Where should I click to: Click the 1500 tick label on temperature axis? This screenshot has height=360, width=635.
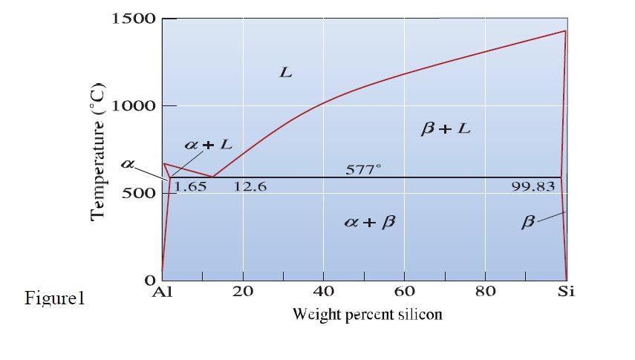pos(134,19)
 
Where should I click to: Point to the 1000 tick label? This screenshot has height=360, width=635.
pos(134,105)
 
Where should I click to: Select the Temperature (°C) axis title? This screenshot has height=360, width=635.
pos(99,152)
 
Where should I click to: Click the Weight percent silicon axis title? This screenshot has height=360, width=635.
pos(368,314)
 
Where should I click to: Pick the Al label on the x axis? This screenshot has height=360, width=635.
pos(161,292)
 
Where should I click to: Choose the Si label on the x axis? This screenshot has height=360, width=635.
pos(566,292)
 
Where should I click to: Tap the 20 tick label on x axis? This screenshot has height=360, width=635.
pos(243,292)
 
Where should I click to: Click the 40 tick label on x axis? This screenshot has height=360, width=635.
pos(323,292)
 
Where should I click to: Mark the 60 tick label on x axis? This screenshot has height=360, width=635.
pos(404,292)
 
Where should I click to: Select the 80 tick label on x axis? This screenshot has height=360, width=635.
pos(485,292)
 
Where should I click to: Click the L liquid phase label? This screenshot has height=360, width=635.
pos(286,73)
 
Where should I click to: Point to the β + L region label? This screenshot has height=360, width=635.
pos(446,128)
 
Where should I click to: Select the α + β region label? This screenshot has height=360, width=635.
pos(364,222)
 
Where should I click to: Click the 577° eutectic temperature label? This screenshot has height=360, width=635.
pos(364,170)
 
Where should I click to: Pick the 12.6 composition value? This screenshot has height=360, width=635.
pos(250,186)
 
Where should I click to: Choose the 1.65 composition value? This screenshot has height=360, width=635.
pos(191,186)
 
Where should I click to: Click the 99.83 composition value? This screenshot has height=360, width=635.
pos(533,186)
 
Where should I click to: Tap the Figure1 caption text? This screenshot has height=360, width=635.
pos(55,299)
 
